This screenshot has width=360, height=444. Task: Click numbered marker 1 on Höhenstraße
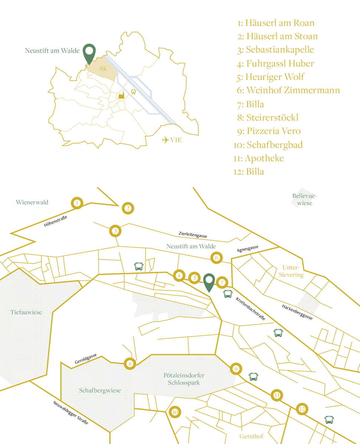coord(77,203)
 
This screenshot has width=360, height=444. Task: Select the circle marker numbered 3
coord(116,231)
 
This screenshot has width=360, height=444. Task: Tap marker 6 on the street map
coord(216,257)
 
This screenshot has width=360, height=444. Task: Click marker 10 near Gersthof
coord(175,412)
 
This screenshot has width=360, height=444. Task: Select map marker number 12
coord(302,409)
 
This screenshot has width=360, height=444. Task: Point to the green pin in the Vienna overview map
coord(89,54)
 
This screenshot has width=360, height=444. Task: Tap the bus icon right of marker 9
coord(253,377)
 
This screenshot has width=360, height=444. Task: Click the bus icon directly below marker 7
coord(228,294)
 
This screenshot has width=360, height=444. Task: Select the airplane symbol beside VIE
coord(166,140)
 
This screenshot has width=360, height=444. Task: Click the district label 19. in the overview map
coord(104,69)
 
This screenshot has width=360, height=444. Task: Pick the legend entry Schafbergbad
coord(268,145)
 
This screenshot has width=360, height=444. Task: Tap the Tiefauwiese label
coord(26,312)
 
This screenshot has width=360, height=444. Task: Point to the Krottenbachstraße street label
coord(250,309)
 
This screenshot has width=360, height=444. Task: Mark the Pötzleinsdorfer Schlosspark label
coord(184,379)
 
